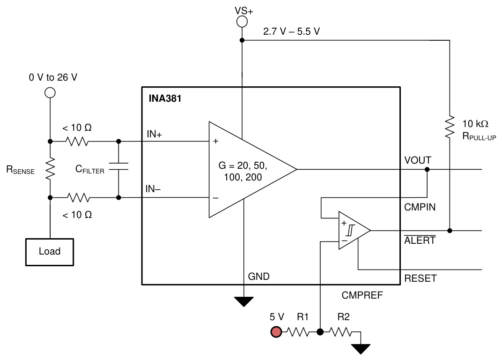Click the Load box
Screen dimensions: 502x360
click(x=50, y=252)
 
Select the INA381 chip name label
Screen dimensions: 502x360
click(x=165, y=98)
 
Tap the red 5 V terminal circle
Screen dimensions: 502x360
click(x=276, y=332)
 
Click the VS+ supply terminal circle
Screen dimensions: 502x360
click(x=242, y=22)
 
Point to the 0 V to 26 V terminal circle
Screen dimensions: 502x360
click(x=50, y=93)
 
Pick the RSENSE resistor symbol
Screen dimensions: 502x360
click(x=50, y=169)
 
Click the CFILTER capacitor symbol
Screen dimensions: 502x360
click(x=118, y=166)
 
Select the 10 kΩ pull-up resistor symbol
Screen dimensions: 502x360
click(x=450, y=127)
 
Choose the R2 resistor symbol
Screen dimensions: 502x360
click(x=340, y=332)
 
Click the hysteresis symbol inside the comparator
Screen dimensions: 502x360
click(x=351, y=230)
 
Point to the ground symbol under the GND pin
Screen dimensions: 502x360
click(x=244, y=302)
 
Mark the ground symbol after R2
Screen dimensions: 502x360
click(x=361, y=349)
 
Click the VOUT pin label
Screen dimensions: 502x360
click(x=418, y=160)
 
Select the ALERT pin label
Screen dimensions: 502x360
click(x=420, y=240)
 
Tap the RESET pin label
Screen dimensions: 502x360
click(x=421, y=278)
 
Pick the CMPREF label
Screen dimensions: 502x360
click(x=362, y=295)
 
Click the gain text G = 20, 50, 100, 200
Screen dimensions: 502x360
click(x=243, y=171)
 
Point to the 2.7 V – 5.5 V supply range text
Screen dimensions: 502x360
click(x=291, y=31)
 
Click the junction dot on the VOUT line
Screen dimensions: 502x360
click(x=427, y=169)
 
